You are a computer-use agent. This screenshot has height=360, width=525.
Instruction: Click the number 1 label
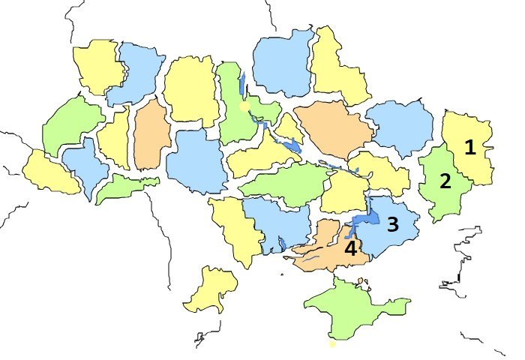pyautogui.click(x=470, y=148)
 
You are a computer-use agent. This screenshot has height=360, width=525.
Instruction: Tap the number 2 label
pyautogui.click(x=445, y=181)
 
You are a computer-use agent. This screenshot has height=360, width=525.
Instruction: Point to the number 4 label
pyautogui.click(x=350, y=248)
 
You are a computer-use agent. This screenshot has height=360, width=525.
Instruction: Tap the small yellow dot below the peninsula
pyautogui.click(x=332, y=344)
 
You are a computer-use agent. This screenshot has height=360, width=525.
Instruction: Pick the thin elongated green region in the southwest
pyautogui.click(x=124, y=186)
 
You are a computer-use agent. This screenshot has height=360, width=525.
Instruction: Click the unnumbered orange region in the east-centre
pyautogui.click(x=334, y=131)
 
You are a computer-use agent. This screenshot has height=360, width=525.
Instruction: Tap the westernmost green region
pyautogui.click(x=71, y=124)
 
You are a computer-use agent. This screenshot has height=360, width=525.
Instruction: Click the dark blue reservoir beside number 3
pyautogui.click(x=364, y=220)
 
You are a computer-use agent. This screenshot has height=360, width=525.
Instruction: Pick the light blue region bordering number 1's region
pyautogui.click(x=401, y=127)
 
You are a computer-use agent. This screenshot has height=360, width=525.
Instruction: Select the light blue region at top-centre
pyautogui.click(x=283, y=64)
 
